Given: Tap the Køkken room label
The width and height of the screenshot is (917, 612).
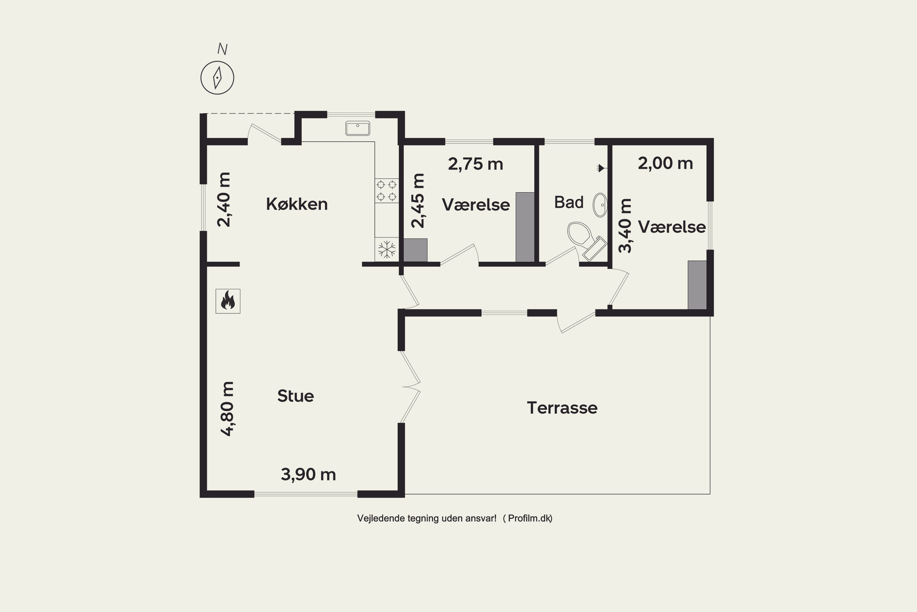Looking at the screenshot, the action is [x=297, y=204].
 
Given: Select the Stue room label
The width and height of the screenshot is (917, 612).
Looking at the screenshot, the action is [x=296, y=396].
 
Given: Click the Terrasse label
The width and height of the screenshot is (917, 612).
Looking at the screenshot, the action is [x=562, y=408].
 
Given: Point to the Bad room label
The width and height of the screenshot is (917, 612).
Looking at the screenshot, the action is [x=569, y=202].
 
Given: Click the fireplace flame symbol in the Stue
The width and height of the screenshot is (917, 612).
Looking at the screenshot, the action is [x=228, y=301].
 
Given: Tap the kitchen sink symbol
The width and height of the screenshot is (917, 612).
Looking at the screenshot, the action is [x=358, y=128].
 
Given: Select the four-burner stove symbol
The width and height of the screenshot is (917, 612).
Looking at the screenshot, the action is [x=387, y=190].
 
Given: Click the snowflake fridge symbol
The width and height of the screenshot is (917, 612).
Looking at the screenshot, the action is [x=387, y=249].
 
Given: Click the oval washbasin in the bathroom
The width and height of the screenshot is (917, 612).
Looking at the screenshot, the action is [x=600, y=205].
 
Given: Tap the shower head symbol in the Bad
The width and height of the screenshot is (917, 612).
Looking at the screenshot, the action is [x=602, y=168].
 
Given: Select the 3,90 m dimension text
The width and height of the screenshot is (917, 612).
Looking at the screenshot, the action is [x=308, y=475].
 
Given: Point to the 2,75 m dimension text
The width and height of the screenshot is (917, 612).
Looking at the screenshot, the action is [x=476, y=164].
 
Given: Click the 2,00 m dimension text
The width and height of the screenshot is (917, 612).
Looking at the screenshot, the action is [x=665, y=163].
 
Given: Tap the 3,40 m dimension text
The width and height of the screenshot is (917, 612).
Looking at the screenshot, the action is [x=625, y=226].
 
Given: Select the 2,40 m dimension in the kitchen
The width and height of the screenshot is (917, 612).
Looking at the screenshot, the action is [x=224, y=200].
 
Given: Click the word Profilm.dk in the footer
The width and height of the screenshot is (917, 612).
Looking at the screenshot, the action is [x=530, y=518].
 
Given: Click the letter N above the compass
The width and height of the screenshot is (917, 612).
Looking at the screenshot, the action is [x=222, y=49].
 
